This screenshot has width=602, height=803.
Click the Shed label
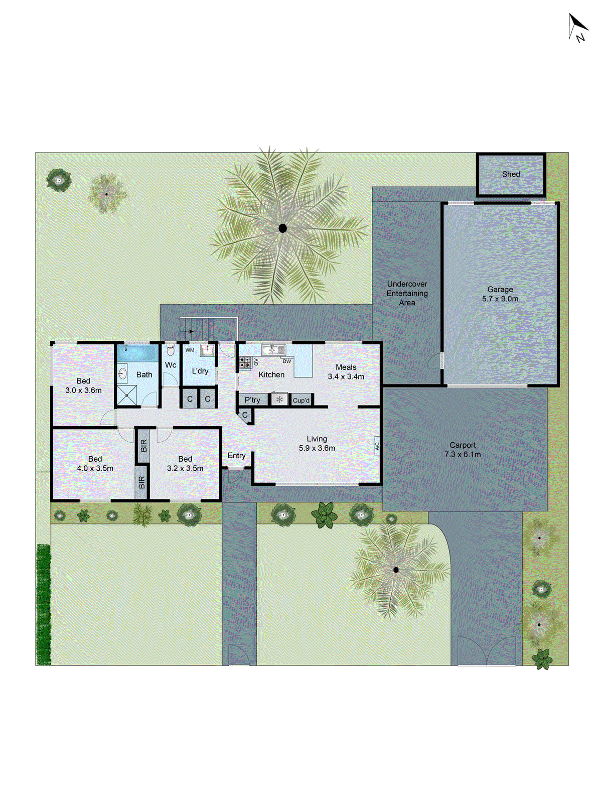tap(511, 174)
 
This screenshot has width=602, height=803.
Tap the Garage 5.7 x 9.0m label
tap(500, 294)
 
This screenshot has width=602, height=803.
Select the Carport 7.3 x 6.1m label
tap(462, 450)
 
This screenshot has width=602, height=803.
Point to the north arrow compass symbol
tap(577, 27)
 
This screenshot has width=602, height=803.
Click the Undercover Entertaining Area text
tap(407, 293)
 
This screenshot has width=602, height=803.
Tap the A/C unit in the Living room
tap(377, 446)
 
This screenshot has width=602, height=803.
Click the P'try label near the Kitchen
tap(252, 400)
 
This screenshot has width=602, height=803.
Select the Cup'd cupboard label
tap(301, 400)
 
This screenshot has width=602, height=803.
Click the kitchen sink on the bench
tap(273, 349)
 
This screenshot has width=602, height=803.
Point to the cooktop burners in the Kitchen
tap(245, 362)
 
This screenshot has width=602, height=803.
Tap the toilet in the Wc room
tap(171, 350)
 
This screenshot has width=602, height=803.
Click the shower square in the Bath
tap(127, 395)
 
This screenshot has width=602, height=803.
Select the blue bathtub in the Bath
tap(137, 352)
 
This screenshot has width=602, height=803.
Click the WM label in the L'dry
tap(190, 350)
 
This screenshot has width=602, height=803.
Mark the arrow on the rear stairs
tap(188, 331)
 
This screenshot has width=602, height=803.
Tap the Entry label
tap(236, 456)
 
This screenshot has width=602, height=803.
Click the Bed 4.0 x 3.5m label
tap(95, 464)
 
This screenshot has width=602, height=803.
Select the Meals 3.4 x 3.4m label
tap(346, 372)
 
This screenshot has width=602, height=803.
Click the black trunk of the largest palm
tap(282, 228)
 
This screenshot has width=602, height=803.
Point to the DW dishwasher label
tap(286, 361)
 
